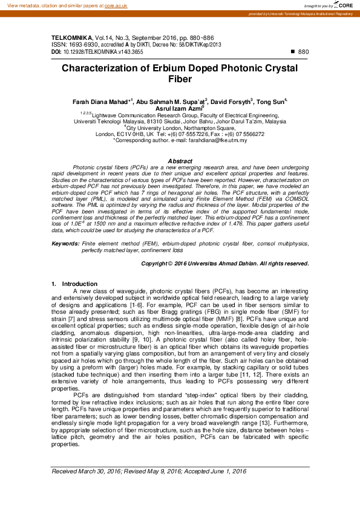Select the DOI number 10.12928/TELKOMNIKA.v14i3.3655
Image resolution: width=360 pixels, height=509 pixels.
103,52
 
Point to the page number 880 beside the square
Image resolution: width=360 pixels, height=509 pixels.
304,52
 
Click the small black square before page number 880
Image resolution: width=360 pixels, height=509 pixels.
293,52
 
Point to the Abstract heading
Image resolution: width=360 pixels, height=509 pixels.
180,161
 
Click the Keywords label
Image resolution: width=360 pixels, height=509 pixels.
65,244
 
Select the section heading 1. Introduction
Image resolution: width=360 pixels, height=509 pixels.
75,284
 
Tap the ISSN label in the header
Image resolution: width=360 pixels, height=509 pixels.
59,45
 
